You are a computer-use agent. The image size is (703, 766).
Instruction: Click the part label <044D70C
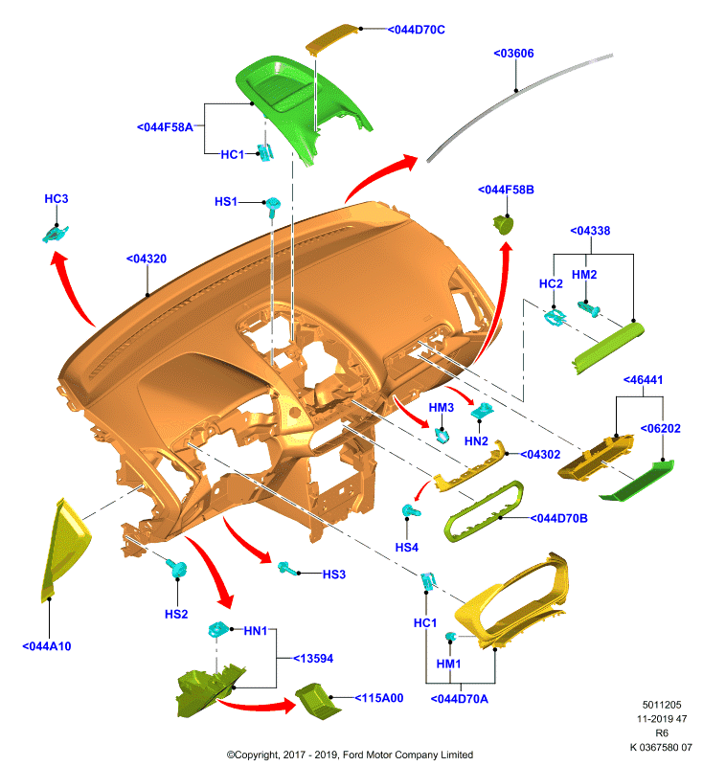pos(417,30)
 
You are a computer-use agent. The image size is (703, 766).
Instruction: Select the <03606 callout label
pos(513,54)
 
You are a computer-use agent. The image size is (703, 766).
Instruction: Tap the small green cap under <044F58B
pos(503,225)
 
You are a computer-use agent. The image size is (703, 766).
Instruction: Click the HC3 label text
pos(57,199)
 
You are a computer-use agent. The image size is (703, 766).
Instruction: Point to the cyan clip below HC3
pos(56,234)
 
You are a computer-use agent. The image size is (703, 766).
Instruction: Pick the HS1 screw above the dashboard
pos(273,205)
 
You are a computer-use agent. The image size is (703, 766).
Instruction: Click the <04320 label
pos(147,259)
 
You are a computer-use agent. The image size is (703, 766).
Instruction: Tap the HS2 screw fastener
pos(177,569)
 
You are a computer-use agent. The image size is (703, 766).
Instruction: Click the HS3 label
pos(334,574)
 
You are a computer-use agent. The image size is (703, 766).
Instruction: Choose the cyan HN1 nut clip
pos(217,629)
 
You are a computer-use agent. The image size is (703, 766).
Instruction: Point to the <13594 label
pos(313,659)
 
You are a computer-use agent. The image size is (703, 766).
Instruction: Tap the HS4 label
pos(407,548)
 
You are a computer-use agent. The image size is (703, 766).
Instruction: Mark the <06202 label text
pos(661,428)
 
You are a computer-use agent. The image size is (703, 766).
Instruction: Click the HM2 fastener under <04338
pos(589,308)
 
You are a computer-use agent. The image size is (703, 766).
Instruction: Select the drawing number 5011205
pos(662,705)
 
